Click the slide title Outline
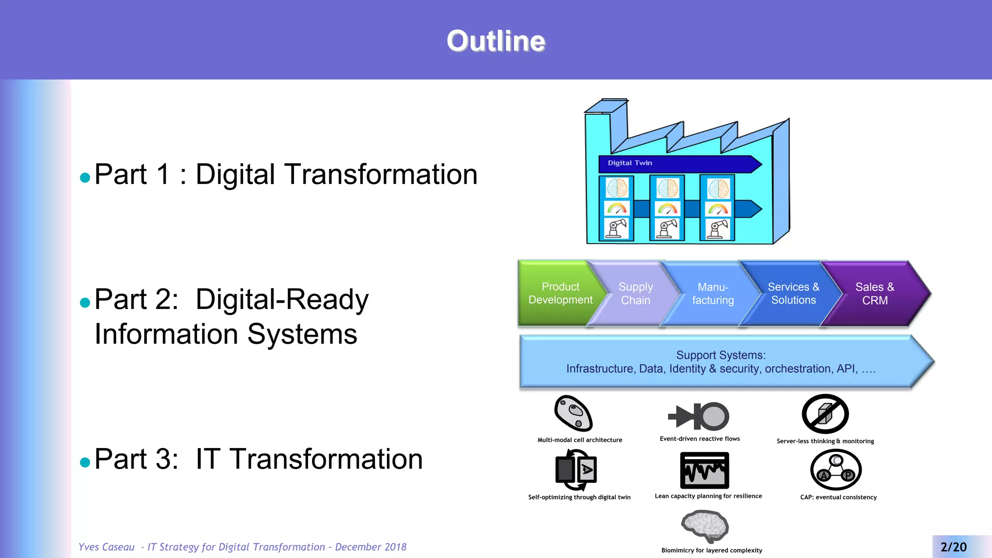pyautogui.click(x=496, y=41)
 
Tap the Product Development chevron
pyautogui.click(x=560, y=294)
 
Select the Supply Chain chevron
pyautogui.click(x=635, y=294)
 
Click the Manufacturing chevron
pyautogui.click(x=713, y=294)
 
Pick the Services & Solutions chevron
pyautogui.click(x=793, y=294)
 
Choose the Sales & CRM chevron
pyautogui.click(x=875, y=294)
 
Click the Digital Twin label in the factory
pyautogui.click(x=630, y=163)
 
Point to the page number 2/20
pyautogui.click(x=953, y=547)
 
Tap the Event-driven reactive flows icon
pyautogui.click(x=698, y=416)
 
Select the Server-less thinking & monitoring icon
pyautogui.click(x=825, y=414)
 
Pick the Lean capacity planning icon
pyautogui.click(x=704, y=470)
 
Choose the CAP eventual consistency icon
pyautogui.click(x=836, y=470)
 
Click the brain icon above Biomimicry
pyautogui.click(x=705, y=526)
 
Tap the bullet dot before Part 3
pyautogui.click(x=85, y=462)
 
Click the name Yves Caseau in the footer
pyautogui.click(x=107, y=547)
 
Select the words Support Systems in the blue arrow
pyautogui.click(x=721, y=355)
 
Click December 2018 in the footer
pyautogui.click(x=371, y=547)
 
